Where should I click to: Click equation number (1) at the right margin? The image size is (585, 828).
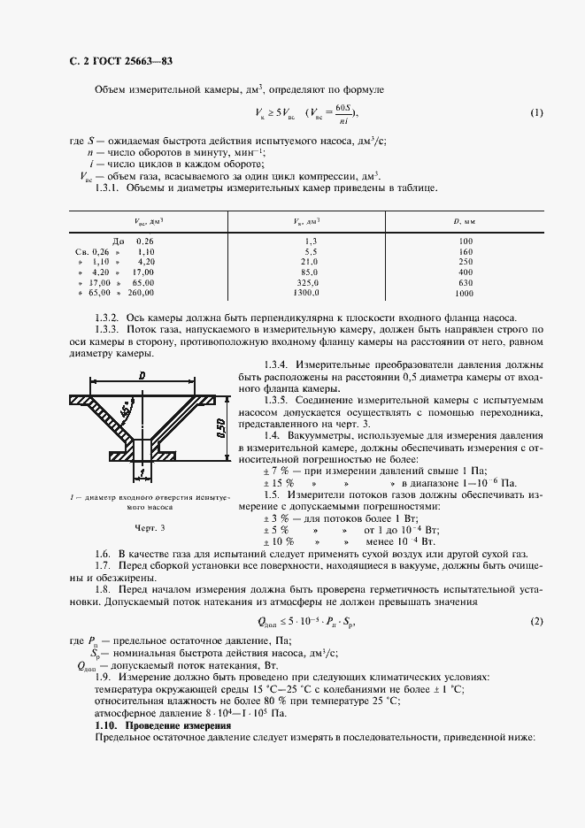(x=536, y=112)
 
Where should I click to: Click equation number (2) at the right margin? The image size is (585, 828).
(x=536, y=621)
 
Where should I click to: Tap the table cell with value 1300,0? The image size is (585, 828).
(x=305, y=292)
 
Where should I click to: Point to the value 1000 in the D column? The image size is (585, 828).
(x=465, y=293)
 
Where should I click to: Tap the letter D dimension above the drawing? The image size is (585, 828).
(x=142, y=376)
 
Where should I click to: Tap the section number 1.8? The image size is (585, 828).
(x=103, y=589)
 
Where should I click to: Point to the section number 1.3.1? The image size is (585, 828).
(x=108, y=188)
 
